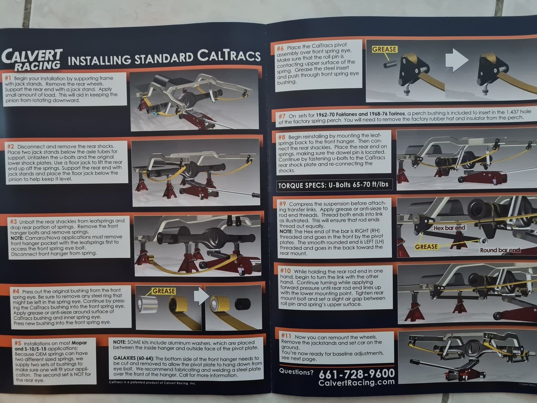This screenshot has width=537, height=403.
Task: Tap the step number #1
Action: pyautogui.click(x=8, y=78)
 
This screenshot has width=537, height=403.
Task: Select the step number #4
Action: pyautogui.click(x=16, y=291)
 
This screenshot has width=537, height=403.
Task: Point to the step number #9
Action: pyautogui.click(x=282, y=204)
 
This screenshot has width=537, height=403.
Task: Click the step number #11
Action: pyautogui.click(x=286, y=335)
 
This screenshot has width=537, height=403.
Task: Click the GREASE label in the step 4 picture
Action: pyautogui.click(x=164, y=291)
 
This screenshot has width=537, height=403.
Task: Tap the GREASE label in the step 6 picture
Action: pyautogui.click(x=384, y=49)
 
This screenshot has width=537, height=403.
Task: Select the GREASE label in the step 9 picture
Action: pyautogui.click(x=426, y=247)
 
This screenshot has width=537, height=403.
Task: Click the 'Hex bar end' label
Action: pyautogui.click(x=449, y=228)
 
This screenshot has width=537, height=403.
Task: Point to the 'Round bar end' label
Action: pyautogui.click(x=500, y=250)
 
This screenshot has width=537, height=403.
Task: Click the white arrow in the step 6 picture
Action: pyautogui.click(x=457, y=60)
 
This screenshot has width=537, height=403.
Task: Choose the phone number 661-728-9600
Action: pyautogui.click(x=357, y=374)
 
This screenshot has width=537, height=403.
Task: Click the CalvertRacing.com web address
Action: pyautogui.click(x=357, y=382)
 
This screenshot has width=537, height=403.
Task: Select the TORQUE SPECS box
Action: pyautogui.click(x=334, y=185)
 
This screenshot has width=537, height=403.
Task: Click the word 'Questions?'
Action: pyautogui.click(x=296, y=372)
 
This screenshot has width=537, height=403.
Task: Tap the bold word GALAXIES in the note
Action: pyautogui.click(x=125, y=358)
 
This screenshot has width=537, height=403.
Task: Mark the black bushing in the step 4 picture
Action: pyautogui.click(x=243, y=304)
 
